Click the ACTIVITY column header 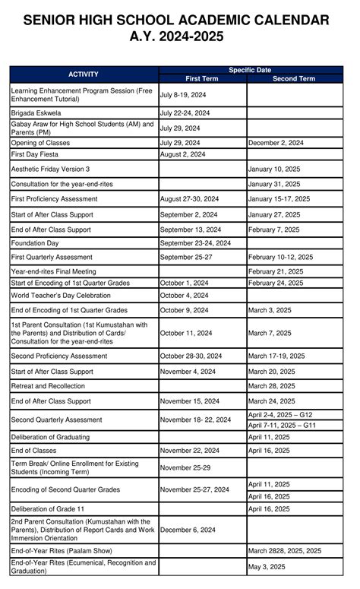click(x=84, y=74)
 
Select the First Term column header click(x=203, y=78)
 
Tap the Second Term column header click(x=294, y=78)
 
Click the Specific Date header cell click(x=250, y=70)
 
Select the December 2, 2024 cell click(x=276, y=142)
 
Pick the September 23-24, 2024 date click(x=195, y=243)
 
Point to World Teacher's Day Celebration click(x=61, y=295)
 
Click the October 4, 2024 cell click(x=184, y=295)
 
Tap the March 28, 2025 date click(x=272, y=386)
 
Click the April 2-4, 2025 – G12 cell click(x=280, y=415)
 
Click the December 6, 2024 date click(x=188, y=530)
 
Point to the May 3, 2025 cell click(x=267, y=567)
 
